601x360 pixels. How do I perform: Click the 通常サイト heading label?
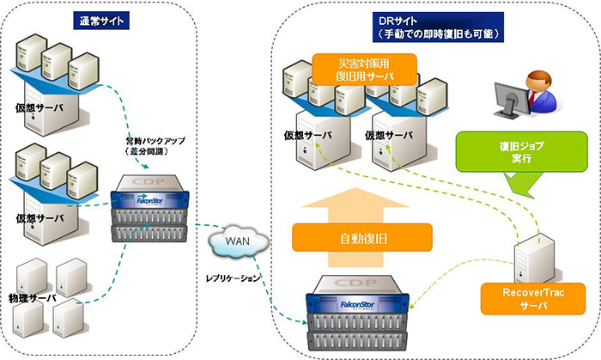pos(103,20)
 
